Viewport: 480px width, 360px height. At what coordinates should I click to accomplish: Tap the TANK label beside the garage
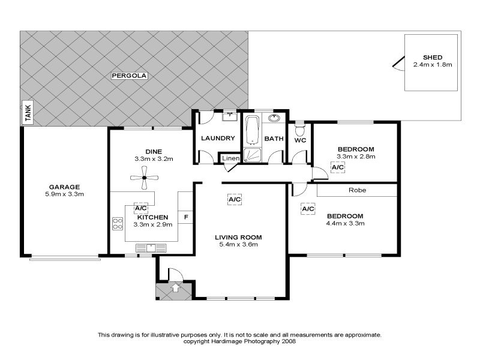27,112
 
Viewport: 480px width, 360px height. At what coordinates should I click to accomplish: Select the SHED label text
432,57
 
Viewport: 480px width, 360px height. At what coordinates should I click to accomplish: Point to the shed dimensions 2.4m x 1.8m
432,64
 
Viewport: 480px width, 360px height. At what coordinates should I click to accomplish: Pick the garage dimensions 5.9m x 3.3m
64,194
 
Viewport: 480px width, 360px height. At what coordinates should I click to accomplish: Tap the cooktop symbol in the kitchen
117,224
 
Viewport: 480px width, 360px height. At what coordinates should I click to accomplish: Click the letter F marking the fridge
186,217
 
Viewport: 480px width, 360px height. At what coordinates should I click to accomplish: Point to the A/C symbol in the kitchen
140,208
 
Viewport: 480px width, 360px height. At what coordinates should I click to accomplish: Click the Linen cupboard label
231,158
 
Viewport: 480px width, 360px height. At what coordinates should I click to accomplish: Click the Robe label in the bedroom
357,190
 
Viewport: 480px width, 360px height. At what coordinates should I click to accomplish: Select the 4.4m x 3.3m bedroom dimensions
345,223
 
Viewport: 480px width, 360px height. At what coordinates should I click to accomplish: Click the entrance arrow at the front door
175,289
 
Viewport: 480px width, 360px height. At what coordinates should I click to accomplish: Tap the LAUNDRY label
218,139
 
